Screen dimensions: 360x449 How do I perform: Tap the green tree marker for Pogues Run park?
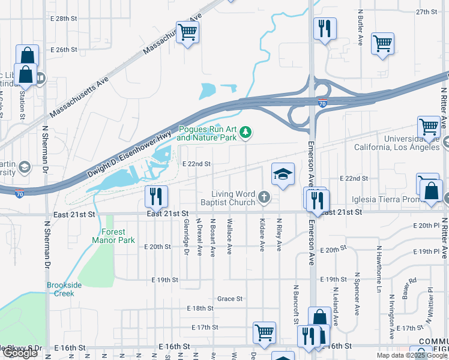(245, 132)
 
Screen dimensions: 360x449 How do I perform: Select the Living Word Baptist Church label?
(234, 198)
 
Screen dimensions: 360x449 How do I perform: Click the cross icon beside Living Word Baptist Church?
(264, 196)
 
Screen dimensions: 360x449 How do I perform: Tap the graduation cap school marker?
(283, 175)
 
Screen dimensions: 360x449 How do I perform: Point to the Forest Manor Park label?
(109, 236)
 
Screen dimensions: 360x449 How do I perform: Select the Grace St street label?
(229, 298)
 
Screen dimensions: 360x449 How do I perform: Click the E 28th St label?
(64, 19)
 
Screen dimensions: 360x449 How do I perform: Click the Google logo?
(20, 353)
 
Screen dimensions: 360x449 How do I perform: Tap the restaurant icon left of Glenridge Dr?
(155, 195)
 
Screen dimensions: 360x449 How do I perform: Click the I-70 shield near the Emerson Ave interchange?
(323, 104)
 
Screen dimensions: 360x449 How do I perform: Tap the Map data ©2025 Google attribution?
(411, 355)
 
